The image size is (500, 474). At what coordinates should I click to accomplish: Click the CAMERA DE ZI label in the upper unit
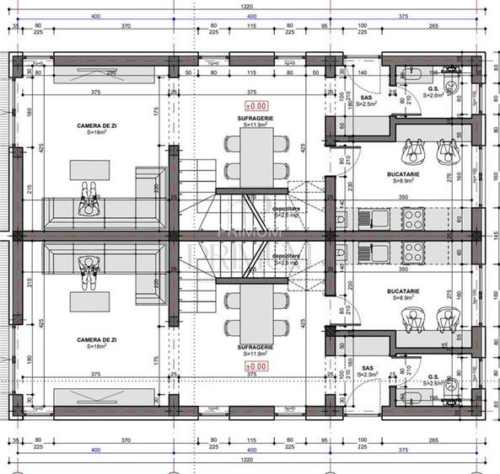point(89,125)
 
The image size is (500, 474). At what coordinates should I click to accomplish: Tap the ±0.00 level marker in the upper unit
point(255,106)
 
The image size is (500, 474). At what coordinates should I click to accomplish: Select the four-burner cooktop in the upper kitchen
point(413,219)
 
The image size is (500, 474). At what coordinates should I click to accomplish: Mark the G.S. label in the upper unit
point(433,88)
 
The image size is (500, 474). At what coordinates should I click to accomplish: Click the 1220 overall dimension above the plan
point(245,6)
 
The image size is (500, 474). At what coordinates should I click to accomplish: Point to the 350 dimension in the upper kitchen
point(404,195)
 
